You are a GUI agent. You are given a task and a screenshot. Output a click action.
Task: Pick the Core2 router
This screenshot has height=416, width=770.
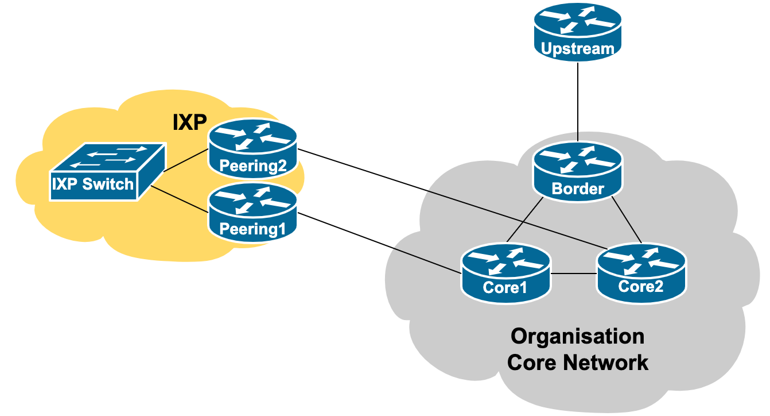[x=641, y=270]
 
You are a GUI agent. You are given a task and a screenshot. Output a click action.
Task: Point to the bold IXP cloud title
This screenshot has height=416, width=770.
[x=189, y=122]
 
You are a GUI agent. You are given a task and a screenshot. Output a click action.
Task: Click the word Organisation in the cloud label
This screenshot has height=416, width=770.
[x=578, y=336]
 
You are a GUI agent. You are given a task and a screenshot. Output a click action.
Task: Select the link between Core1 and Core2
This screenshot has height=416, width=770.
[x=573, y=274]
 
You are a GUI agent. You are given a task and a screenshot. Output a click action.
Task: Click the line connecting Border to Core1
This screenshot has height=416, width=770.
[x=524, y=221]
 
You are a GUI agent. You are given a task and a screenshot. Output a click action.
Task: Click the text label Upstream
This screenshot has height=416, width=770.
[x=577, y=49]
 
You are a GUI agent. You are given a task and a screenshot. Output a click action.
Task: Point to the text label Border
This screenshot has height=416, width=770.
[x=578, y=188]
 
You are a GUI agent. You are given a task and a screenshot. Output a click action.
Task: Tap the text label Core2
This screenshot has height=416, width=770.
[x=641, y=286]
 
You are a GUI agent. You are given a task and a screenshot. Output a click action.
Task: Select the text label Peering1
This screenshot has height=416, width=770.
[x=253, y=229]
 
